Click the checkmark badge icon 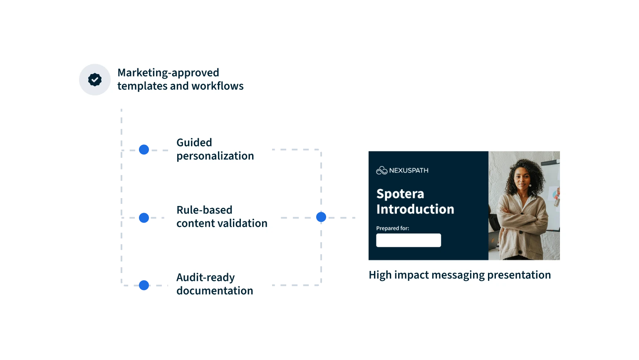pyautogui.click(x=95, y=79)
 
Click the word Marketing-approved pyautogui.click(x=168, y=73)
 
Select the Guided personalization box pyautogui.click(x=218, y=149)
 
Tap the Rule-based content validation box pyautogui.click(x=221, y=216)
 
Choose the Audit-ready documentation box pyautogui.click(x=218, y=284)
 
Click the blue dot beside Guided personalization pyautogui.click(x=144, y=149)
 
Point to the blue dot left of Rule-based pyautogui.click(x=144, y=217)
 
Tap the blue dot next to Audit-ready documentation pyautogui.click(x=144, y=286)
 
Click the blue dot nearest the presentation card pyautogui.click(x=321, y=217)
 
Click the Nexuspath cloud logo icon pyautogui.click(x=381, y=170)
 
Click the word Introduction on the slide pyautogui.click(x=415, y=209)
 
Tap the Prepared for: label pyautogui.click(x=392, y=228)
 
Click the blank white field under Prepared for pyautogui.click(x=409, y=240)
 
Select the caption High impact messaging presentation pyautogui.click(x=460, y=275)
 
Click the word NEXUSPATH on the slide pyautogui.click(x=409, y=170)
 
